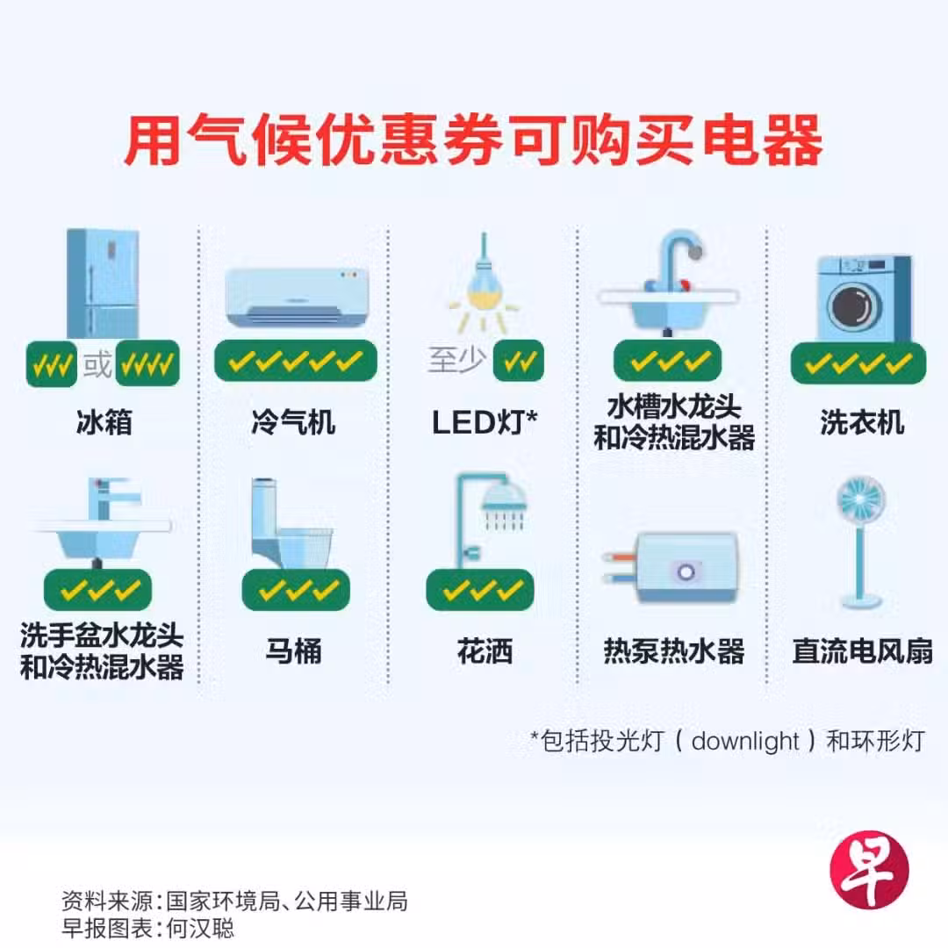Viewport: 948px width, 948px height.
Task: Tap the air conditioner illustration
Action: pos(297,298)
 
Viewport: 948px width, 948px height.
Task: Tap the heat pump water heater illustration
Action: pos(671,567)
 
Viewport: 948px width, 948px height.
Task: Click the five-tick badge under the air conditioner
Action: pos(296,361)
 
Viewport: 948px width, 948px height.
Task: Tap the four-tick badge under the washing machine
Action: pos(858,363)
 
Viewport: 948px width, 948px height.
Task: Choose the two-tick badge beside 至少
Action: pos(519,361)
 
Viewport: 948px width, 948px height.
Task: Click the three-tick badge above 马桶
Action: pos(296,590)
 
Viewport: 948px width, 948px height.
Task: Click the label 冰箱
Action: pos(104,421)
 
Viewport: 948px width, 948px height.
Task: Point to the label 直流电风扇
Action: pos(862,651)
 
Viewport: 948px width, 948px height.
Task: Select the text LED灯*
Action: pos(485,422)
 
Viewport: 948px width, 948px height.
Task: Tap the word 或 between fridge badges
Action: pos(97,364)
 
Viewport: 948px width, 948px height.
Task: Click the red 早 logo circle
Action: pos(869,869)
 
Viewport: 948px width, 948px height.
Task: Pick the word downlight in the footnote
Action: pos(745,741)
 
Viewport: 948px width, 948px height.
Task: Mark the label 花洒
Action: pos(485,651)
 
